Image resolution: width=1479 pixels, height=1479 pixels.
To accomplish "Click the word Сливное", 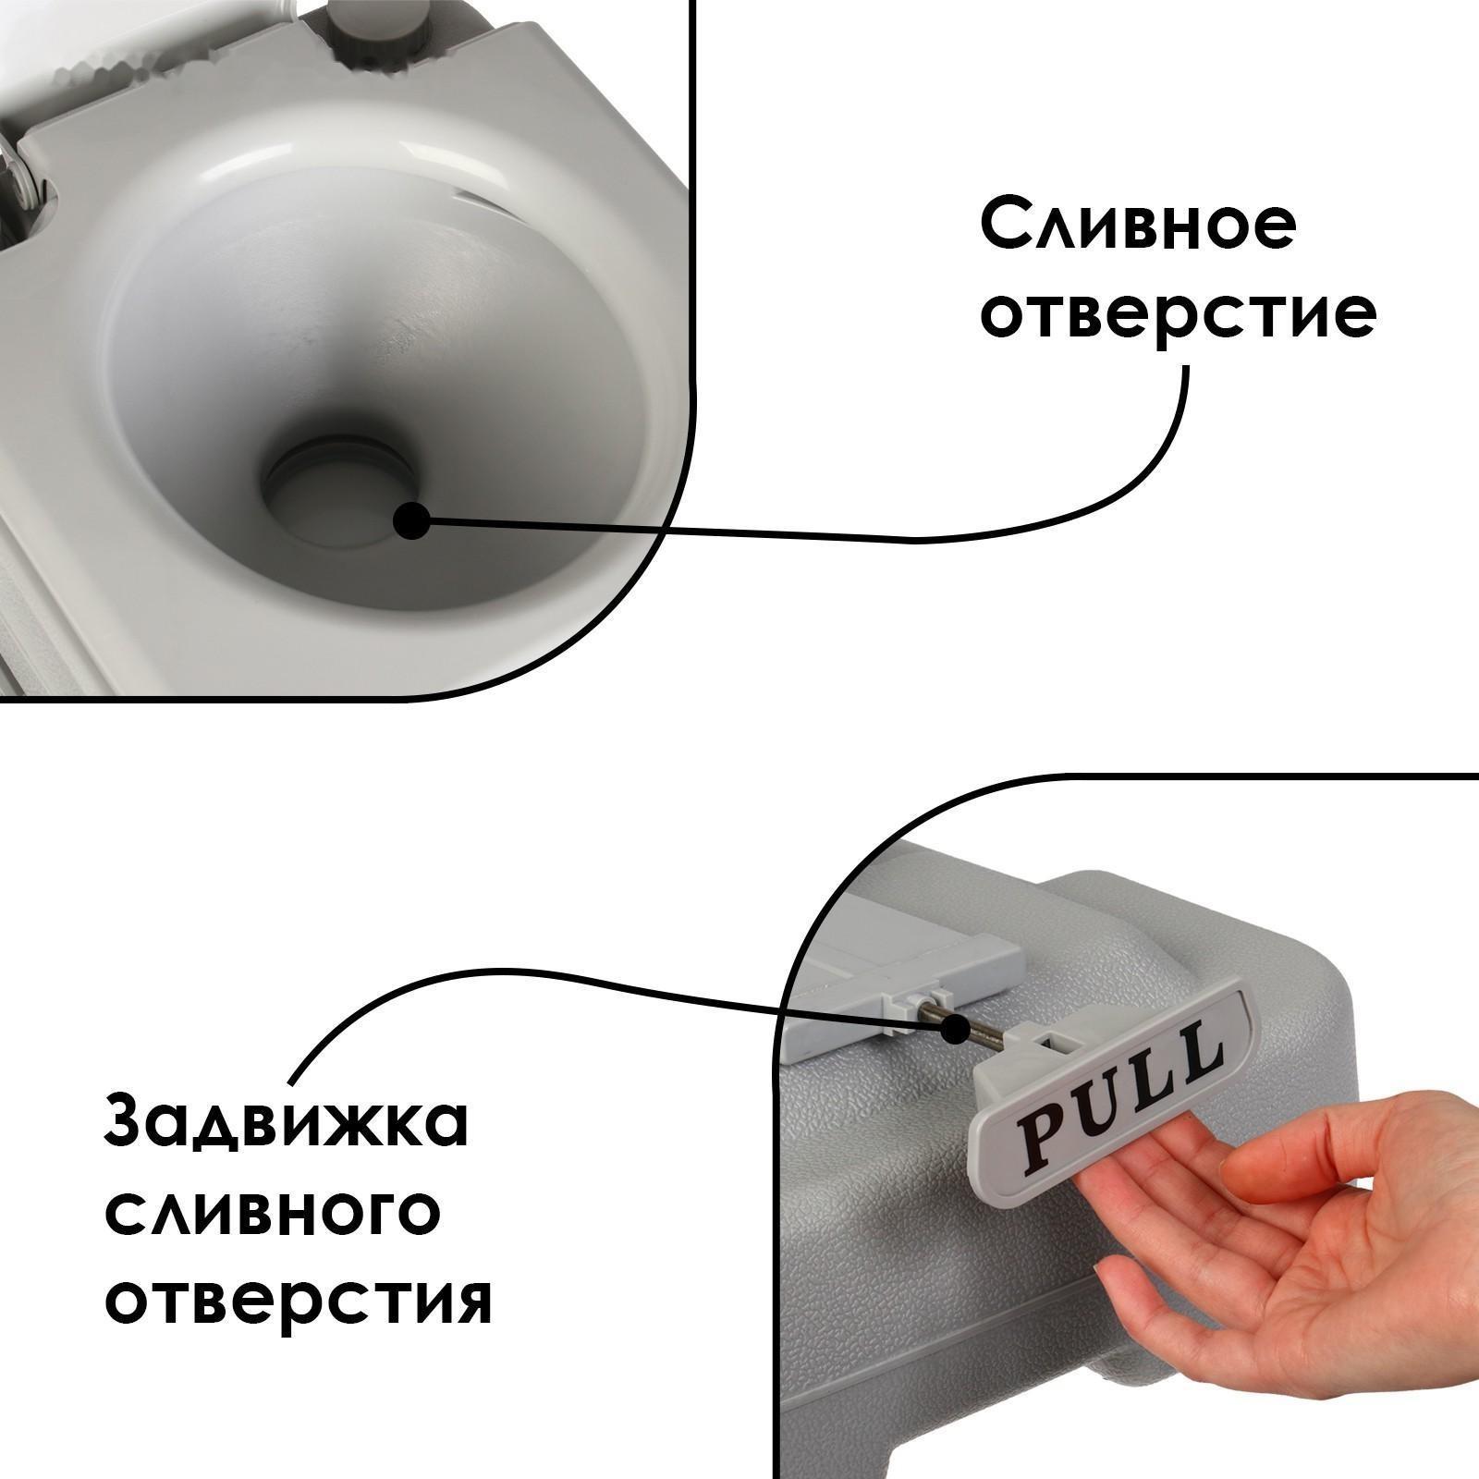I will pyautogui.click(x=1136, y=225).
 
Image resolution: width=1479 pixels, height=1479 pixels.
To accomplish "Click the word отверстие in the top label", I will pyautogui.click(x=1178, y=315).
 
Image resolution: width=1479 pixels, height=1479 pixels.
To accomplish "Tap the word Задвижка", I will pyautogui.click(x=287, y=1123).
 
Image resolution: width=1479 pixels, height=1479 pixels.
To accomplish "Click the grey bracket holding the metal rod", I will pyautogui.click(x=915, y=1017).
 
